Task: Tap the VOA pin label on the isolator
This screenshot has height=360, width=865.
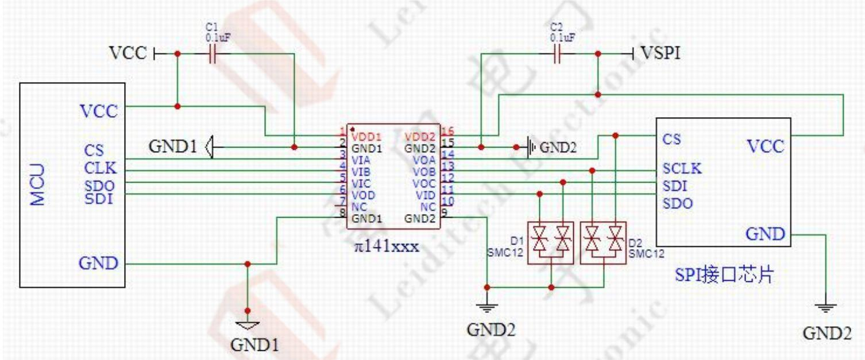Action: point(426,160)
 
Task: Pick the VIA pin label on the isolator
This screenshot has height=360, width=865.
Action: point(360,160)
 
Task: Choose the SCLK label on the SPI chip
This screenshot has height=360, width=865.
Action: point(682,169)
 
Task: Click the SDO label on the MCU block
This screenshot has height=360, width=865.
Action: point(99,186)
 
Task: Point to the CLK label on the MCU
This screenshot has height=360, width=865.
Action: point(100,169)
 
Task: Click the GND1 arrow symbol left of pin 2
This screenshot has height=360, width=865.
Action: point(210,148)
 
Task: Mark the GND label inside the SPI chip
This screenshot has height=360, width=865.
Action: point(765,234)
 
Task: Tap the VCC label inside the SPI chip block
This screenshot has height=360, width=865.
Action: point(765,146)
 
